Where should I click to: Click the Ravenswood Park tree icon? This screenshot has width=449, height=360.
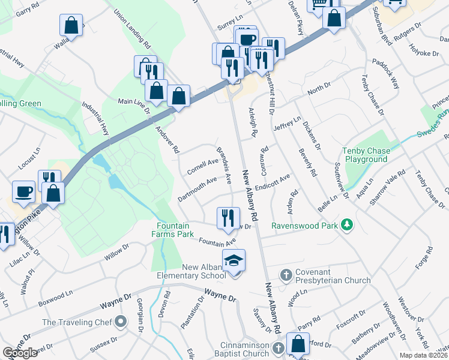tap(346, 226)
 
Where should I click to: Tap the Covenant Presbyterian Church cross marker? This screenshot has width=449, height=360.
tap(286, 275)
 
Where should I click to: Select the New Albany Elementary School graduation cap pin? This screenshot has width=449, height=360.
tap(234, 260)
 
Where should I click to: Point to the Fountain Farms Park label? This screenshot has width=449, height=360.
tap(175, 230)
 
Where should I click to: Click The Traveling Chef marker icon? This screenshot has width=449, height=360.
tap(121, 322)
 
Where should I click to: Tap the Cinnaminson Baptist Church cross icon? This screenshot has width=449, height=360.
tap(277, 348)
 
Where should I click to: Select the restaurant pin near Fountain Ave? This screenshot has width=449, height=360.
tap(228, 218)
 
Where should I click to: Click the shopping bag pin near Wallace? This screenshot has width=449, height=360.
tap(71, 26)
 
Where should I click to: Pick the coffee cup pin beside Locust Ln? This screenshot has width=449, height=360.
tap(23, 191)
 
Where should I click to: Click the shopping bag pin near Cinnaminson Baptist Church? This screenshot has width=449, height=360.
tap(298, 344)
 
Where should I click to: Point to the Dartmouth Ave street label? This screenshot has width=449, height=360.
tap(197, 189)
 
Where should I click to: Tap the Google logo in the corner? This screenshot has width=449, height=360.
tap(20, 353)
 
